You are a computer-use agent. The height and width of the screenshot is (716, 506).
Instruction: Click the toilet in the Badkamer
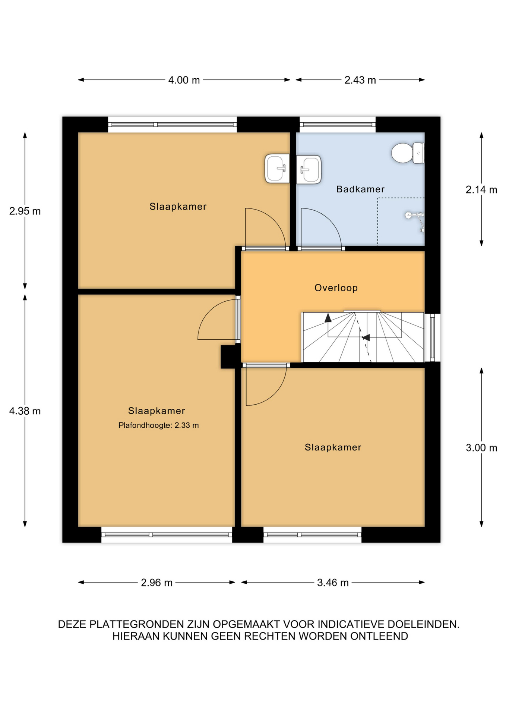click(x=408, y=153)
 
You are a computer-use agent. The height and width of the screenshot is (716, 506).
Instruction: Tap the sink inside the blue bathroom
click(x=309, y=170)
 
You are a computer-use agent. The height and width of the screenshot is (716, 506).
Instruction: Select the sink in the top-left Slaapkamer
click(x=277, y=169)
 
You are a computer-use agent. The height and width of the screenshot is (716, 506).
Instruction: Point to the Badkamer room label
click(x=360, y=189)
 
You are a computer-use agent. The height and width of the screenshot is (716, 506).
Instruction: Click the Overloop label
click(x=336, y=288)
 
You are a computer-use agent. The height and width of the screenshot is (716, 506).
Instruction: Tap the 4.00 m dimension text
click(x=184, y=80)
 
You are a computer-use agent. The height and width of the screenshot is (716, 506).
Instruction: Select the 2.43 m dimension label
click(x=360, y=80)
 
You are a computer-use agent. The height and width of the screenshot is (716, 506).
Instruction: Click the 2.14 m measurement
click(x=481, y=190)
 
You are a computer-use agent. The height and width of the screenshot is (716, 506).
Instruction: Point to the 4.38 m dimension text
click(x=25, y=411)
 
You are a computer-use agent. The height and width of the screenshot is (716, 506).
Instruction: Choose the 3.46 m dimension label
click(x=333, y=582)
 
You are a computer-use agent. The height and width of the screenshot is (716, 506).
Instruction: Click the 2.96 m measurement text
click(x=156, y=582)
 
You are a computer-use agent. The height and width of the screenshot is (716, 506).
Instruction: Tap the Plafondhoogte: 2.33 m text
click(x=158, y=425)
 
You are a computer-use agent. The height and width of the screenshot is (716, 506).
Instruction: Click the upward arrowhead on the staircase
click(x=328, y=318)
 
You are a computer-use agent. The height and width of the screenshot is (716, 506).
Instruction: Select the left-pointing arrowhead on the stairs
click(x=366, y=337)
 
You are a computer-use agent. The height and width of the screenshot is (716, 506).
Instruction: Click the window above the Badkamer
click(x=338, y=125)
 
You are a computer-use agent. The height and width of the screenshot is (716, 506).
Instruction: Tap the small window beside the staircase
click(x=432, y=337)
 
